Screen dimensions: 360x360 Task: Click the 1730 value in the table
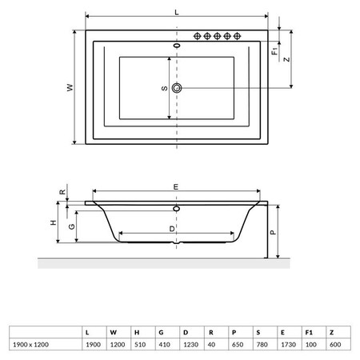coord(289,345)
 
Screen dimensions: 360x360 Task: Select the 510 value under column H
coord(140,345)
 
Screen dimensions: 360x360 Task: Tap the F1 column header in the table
coord(309,333)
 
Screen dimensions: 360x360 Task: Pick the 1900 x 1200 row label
coord(31,345)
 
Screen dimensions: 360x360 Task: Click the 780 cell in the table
coord(262,345)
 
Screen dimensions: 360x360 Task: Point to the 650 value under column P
coord(238,345)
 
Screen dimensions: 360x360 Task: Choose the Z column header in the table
coord(332,333)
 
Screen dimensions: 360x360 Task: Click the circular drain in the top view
coord(177,88)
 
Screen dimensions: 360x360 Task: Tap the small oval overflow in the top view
coord(177,46)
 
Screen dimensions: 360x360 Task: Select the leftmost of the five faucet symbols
coord(197,36)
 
